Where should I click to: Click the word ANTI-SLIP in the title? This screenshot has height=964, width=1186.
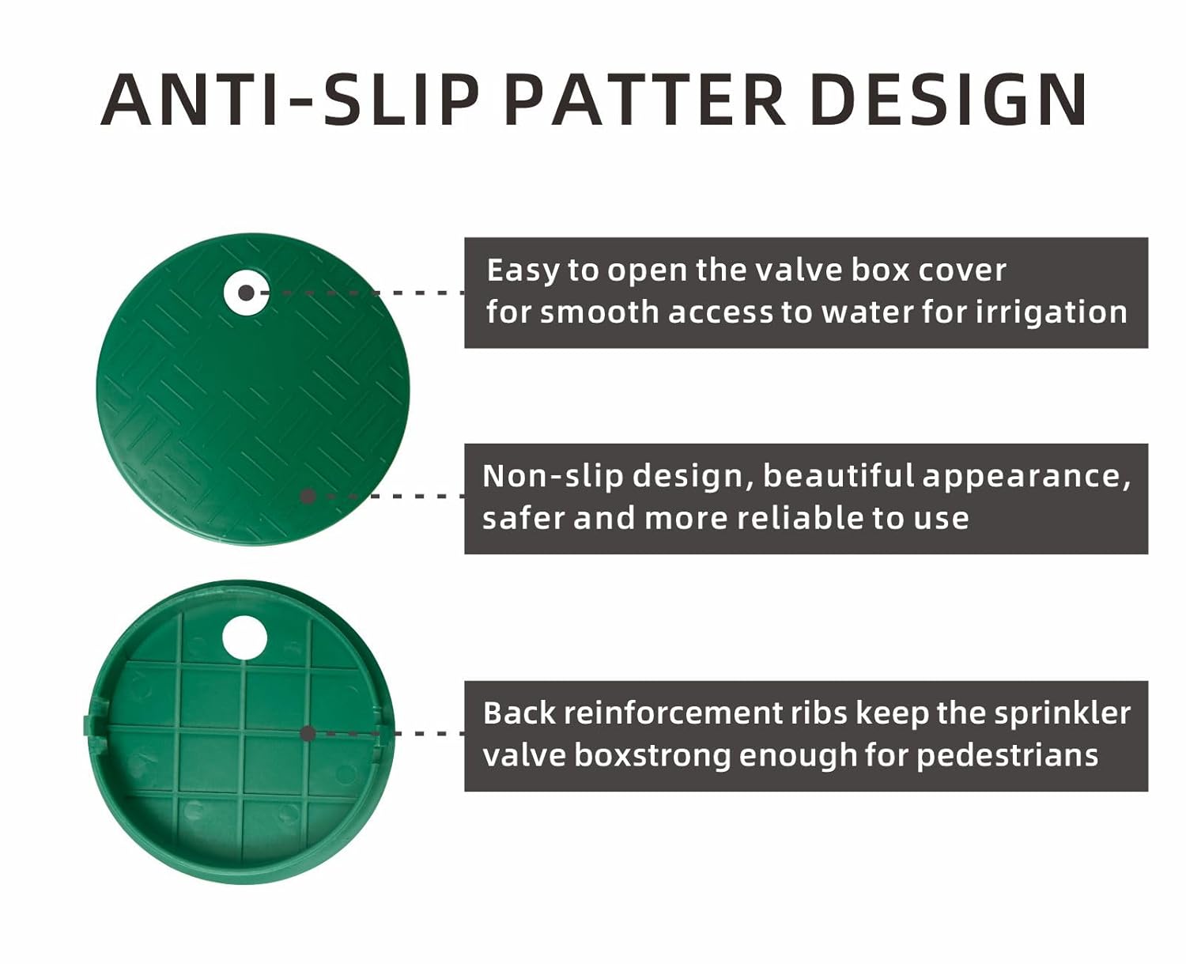click(289, 100)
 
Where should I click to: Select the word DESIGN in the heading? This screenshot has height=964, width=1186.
click(948, 100)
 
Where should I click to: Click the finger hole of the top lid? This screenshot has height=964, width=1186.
click(246, 293)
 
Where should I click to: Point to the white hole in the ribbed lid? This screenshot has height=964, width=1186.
click(244, 637)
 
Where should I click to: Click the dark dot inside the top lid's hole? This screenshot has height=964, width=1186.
click(246, 293)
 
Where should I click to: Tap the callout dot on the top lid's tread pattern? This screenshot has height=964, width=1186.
click(308, 496)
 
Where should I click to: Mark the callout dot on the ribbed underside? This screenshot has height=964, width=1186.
click(308, 733)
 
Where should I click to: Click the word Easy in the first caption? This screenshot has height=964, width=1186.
click(523, 272)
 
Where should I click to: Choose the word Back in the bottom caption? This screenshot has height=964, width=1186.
click(519, 713)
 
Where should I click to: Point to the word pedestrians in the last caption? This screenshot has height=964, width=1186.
click(1007, 757)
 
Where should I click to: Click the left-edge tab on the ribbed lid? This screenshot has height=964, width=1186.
click(88, 724)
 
